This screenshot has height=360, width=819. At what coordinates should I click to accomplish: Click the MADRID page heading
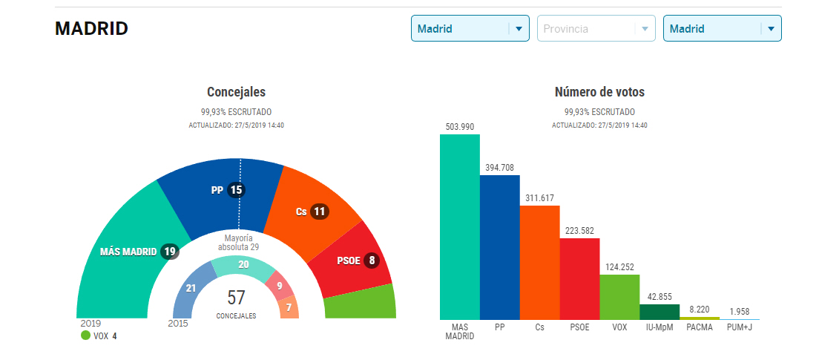(91, 29)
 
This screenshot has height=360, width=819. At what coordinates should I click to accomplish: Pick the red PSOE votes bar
(579, 278)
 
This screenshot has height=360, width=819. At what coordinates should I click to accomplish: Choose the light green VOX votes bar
(619, 297)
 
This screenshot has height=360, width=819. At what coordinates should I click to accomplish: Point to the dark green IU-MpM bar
(660, 312)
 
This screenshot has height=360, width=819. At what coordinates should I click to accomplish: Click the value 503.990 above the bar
(459, 127)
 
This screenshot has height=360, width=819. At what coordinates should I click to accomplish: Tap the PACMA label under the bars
(699, 327)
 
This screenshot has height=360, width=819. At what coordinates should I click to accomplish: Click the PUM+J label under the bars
(739, 327)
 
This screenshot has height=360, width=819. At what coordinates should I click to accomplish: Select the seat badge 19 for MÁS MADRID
(170, 252)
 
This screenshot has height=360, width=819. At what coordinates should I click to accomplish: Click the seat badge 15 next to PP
(236, 190)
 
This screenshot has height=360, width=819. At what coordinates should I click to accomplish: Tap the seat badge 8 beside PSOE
(372, 261)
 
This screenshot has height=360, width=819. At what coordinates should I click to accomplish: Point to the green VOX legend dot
(85, 336)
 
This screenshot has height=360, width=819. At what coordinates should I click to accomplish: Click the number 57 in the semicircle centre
(236, 298)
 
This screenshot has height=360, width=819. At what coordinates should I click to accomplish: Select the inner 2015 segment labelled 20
(243, 264)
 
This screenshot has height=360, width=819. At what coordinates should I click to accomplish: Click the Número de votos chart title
(599, 92)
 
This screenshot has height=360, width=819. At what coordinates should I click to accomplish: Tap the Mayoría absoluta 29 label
(238, 243)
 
